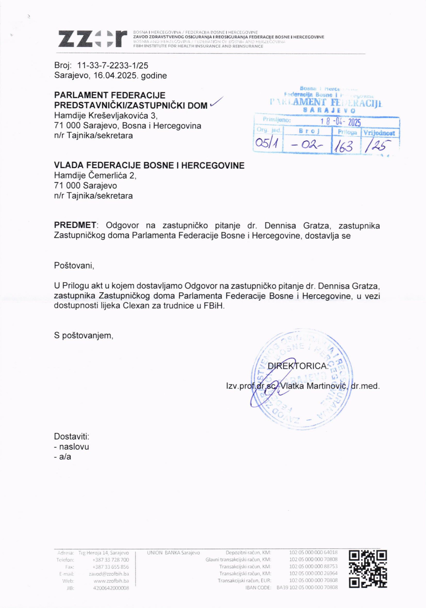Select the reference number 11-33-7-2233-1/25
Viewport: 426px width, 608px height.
pyautogui.click(x=113, y=65)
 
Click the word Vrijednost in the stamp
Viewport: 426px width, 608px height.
pyautogui.click(x=379, y=133)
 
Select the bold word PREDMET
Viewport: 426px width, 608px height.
pyautogui.click(x=75, y=225)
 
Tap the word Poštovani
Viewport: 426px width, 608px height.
pyautogui.click(x=74, y=265)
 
